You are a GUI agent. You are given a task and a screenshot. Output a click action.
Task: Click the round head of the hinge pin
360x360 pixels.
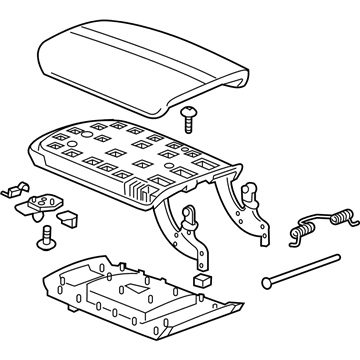pos(269,284)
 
